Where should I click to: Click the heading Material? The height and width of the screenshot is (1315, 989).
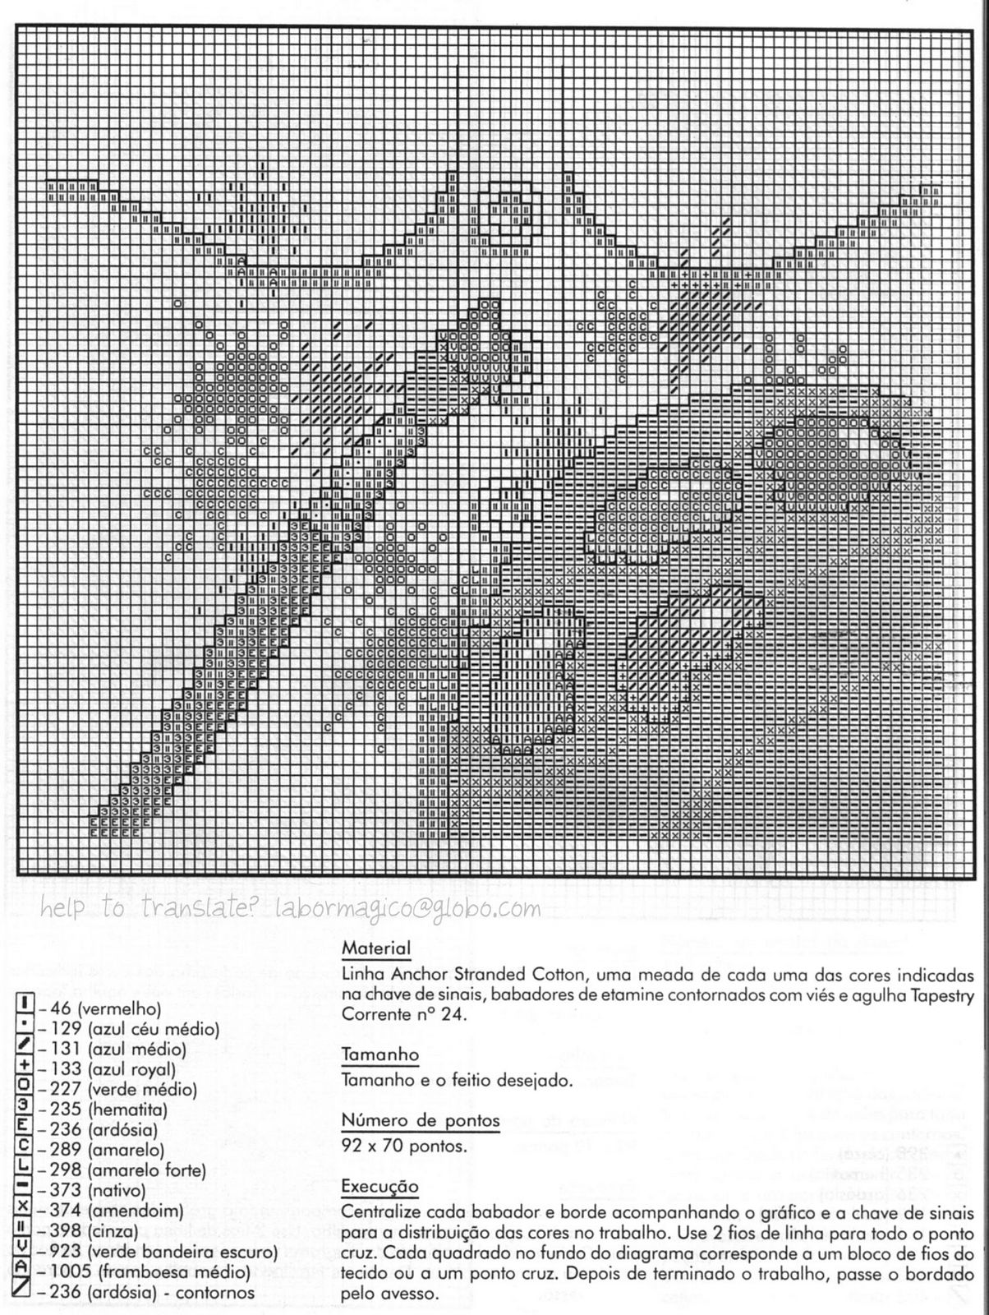pyautogui.click(x=375, y=948)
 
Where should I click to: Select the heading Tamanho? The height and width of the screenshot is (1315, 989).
pyautogui.click(x=379, y=1054)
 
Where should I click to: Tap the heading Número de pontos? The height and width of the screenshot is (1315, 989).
pyautogui.click(x=420, y=1120)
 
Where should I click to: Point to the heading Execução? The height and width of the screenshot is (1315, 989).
pyautogui.click(x=379, y=1187)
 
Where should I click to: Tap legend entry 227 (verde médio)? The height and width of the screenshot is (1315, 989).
pyautogui.click(x=117, y=1090)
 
